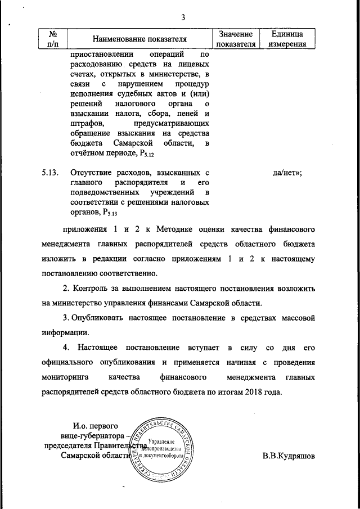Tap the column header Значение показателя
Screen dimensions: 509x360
236,39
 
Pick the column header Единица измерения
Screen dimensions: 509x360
287,39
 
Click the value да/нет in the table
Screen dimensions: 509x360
286,173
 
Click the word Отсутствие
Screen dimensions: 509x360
93,173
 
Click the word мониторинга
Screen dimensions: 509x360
66,376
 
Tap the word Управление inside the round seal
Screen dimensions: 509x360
160,443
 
